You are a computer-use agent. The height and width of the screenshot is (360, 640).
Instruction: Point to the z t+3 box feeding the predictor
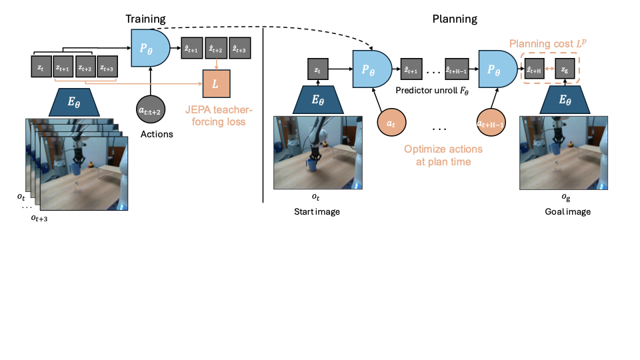point(106,67)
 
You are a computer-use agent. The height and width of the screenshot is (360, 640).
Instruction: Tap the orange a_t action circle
point(389,123)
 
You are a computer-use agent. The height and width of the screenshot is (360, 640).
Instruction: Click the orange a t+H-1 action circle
point(489,123)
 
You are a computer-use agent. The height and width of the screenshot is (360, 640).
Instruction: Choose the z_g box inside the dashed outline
point(565,69)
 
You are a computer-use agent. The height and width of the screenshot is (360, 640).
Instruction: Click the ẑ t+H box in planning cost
point(535,69)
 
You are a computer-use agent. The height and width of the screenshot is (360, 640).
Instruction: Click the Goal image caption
point(567,212)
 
